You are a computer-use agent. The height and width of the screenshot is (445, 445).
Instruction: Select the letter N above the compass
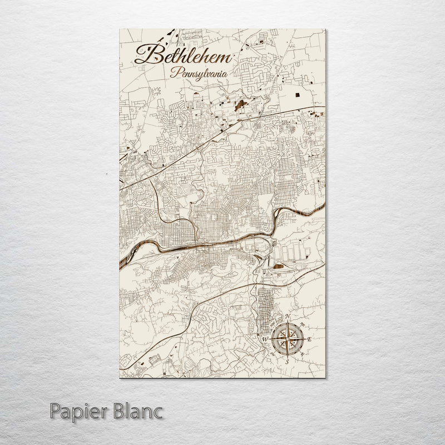[288, 318]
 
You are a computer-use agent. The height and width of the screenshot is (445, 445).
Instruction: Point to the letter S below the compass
[286, 360]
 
